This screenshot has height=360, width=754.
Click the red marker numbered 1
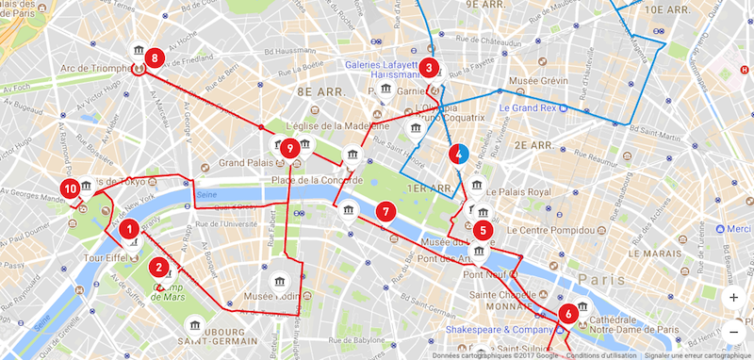pyautogui.click(x=129, y=228)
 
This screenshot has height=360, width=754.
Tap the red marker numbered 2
pyautogui.click(x=161, y=268)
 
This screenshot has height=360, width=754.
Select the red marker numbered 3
pyautogui.click(x=429, y=67)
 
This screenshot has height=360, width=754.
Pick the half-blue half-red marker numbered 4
pyautogui.click(x=459, y=153)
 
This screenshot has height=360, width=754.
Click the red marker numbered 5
pyautogui.click(x=484, y=229)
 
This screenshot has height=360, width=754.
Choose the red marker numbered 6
pyautogui.click(x=567, y=314)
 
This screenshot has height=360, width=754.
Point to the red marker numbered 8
pyautogui.click(x=154, y=58)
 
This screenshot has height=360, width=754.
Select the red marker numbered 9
pyautogui.click(x=290, y=148)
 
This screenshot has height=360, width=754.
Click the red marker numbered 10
pyautogui.click(x=69, y=188)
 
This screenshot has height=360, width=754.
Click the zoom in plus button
pyautogui.click(x=734, y=297)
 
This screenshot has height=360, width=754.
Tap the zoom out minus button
pyautogui.click(x=734, y=331)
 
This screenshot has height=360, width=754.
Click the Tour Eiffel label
pyautogui.click(x=104, y=258)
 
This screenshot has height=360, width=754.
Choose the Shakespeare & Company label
pyautogui.click(x=505, y=330)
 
